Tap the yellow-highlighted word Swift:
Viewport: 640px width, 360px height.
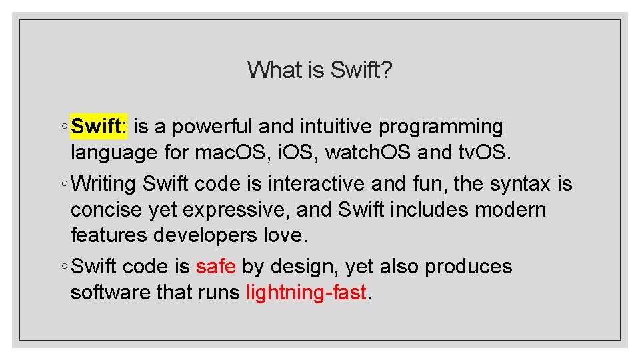(x=99, y=126)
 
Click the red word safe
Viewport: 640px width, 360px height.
(x=215, y=267)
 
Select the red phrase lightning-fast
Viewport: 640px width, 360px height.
(x=306, y=293)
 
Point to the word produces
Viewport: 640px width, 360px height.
(x=468, y=267)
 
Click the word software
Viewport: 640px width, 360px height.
(x=109, y=293)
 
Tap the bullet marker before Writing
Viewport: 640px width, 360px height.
(x=63, y=184)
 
